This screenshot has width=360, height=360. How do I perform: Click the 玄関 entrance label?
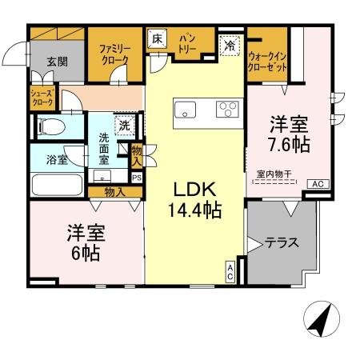click(x=56, y=61)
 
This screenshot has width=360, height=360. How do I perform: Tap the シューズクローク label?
click(x=42, y=98)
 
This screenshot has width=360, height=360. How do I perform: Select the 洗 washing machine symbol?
click(x=126, y=125)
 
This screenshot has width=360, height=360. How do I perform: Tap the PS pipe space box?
click(x=136, y=178)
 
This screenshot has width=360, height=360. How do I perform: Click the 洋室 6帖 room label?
click(x=84, y=244)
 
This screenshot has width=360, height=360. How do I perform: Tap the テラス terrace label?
click(x=282, y=242)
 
